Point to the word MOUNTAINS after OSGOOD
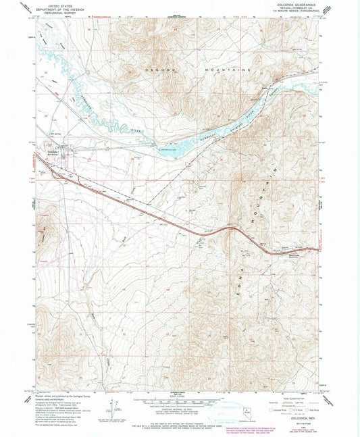point(230,70)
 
